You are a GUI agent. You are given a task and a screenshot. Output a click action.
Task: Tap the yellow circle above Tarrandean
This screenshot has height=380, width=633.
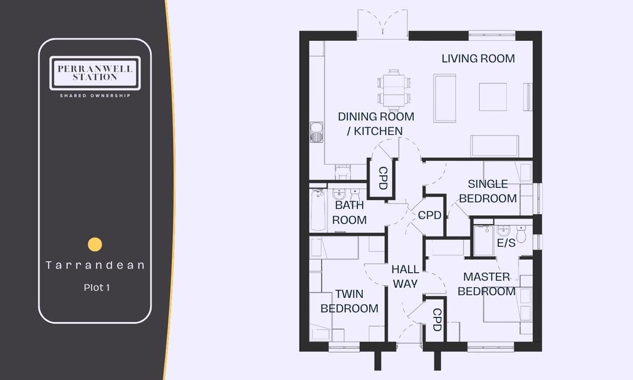95,244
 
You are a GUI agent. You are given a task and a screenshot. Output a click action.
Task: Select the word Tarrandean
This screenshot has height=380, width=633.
95,265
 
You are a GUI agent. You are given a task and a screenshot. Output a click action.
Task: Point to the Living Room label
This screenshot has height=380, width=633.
478,59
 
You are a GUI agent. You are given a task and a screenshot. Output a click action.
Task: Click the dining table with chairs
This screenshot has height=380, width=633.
394,89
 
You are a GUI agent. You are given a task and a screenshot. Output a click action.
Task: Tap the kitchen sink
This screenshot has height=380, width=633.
316,132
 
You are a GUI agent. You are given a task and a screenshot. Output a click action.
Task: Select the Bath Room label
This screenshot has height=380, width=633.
349,212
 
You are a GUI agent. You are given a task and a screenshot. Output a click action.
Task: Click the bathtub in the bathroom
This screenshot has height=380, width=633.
317,210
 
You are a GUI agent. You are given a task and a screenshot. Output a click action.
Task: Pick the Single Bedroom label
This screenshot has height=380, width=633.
492,191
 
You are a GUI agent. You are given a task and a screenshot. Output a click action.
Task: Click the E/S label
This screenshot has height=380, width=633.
506,243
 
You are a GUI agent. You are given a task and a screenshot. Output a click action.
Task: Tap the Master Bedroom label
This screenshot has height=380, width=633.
489,283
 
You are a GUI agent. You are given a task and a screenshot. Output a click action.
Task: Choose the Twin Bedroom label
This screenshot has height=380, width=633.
349,301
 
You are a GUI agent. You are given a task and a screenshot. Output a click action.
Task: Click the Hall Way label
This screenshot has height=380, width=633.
405,276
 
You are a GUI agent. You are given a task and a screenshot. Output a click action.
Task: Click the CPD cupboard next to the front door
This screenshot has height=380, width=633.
436,319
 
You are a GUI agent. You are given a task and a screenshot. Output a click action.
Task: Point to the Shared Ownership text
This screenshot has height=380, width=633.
95,95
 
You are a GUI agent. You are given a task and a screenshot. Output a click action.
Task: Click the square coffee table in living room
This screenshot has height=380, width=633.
493,97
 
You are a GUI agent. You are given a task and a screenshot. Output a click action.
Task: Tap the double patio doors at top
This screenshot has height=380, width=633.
382,25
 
